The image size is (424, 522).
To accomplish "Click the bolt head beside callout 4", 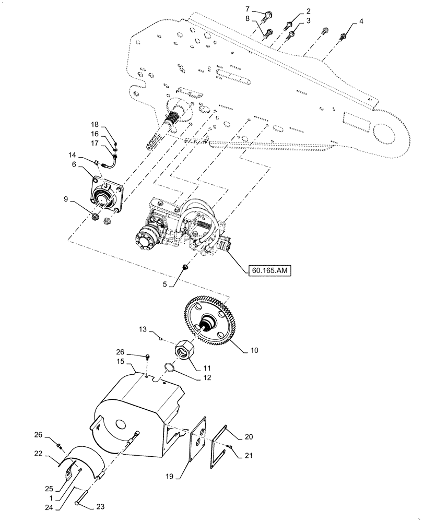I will pos(343,36).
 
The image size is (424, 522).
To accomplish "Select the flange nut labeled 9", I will pos(97,215).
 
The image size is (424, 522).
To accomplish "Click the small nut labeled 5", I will pos(185,267).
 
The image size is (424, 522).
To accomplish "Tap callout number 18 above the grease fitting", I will pos(95,125).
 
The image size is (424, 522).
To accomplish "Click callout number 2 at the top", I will pos(308,10).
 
